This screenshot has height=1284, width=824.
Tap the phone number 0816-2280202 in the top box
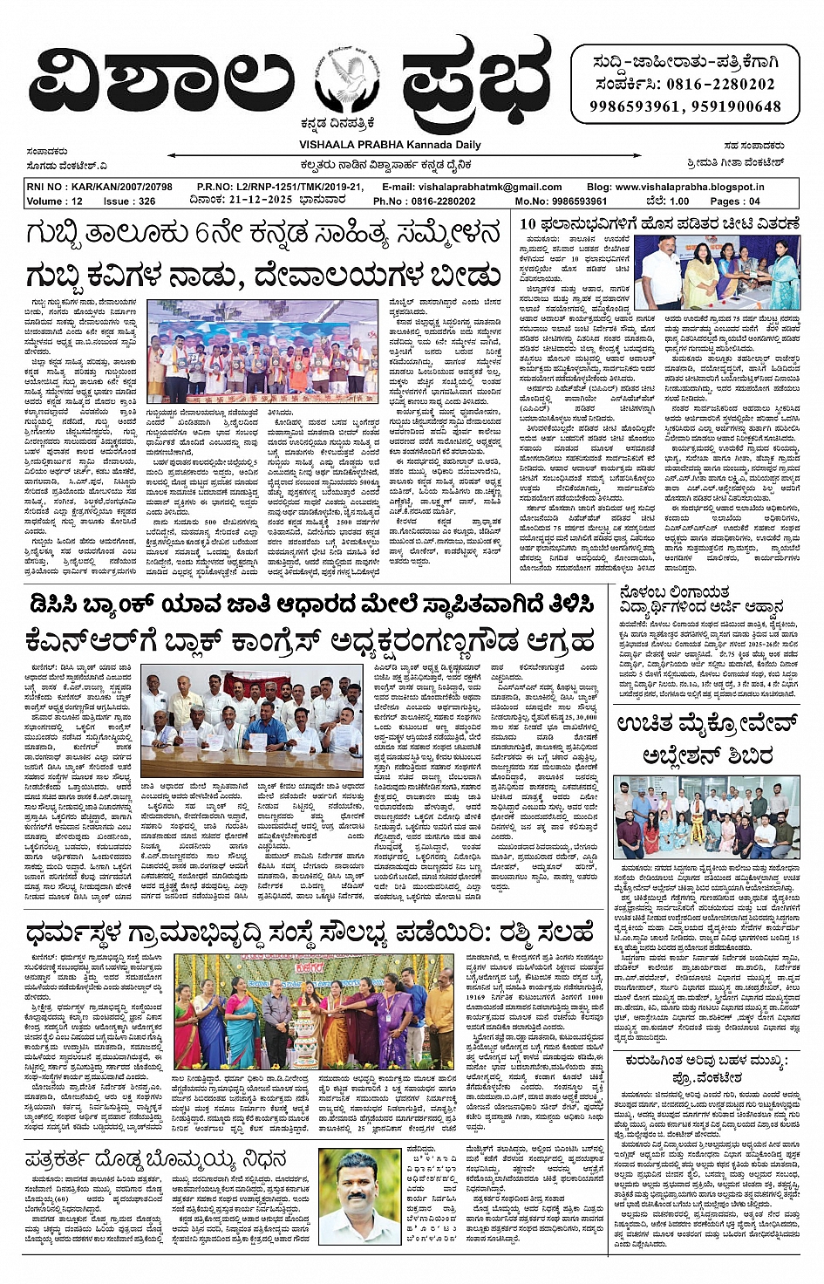(x=721, y=85)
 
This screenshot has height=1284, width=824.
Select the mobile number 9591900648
(x=736, y=106)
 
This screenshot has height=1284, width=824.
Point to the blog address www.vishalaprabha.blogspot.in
(x=687, y=187)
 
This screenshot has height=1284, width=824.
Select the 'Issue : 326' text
(x=129, y=201)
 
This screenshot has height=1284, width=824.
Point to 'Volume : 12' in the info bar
(x=55, y=201)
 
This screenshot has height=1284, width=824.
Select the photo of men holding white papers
(x=252, y=723)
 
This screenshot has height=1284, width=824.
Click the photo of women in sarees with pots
(x=313, y=1011)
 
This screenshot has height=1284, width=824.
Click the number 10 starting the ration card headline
(x=528, y=224)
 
